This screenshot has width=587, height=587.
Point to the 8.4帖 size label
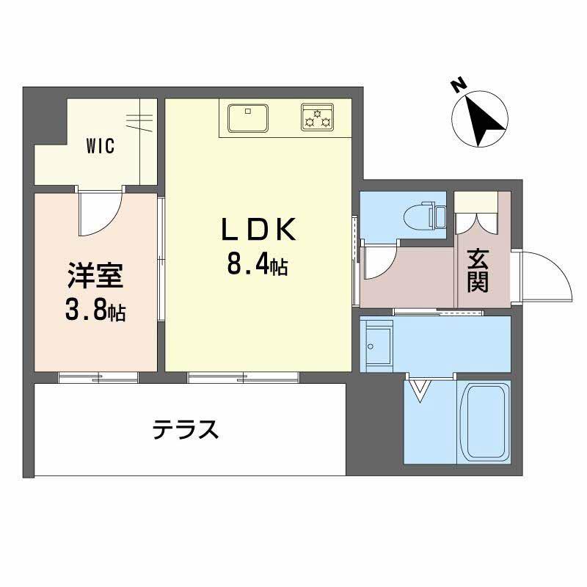click(x=256, y=265)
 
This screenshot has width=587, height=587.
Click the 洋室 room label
click(x=95, y=278)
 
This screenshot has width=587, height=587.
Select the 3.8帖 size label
click(x=95, y=313)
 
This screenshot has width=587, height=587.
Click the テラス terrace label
click(x=186, y=428)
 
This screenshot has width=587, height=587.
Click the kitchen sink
click(x=247, y=117)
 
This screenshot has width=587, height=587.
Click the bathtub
click(x=484, y=420)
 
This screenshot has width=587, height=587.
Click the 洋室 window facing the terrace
click(x=98, y=377)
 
